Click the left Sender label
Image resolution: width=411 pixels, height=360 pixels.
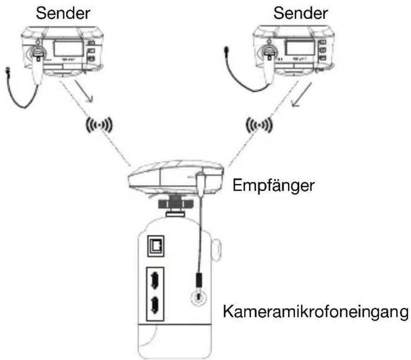point(63,13)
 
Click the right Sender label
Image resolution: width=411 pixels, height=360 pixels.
point(300,13)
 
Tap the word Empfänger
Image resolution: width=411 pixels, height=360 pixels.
point(273,185)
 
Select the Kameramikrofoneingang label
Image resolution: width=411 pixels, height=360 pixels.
point(316,311)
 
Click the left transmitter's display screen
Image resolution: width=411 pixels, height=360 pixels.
point(69,48)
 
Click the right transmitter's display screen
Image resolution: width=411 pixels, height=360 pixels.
point(300,47)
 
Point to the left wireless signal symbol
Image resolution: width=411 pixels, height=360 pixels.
point(99,125)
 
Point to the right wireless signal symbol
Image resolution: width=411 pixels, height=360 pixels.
point(259,125)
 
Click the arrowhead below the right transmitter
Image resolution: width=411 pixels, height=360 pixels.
point(296,103)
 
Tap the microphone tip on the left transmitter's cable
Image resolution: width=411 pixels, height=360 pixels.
point(7,71)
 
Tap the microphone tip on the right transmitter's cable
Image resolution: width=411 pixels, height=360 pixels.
point(227,49)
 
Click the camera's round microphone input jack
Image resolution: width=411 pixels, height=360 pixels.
point(199,297)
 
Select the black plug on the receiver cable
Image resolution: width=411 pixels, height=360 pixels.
point(199,280)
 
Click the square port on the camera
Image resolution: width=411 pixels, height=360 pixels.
point(156,246)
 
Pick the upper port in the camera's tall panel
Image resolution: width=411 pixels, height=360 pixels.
point(155,281)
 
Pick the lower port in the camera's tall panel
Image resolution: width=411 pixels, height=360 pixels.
point(155,305)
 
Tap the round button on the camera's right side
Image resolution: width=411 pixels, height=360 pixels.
point(216,250)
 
